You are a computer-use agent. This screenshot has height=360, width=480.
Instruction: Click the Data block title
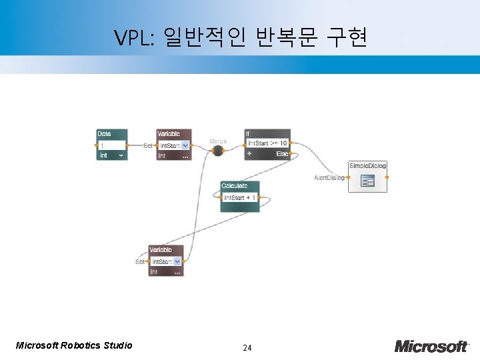coord(103,134)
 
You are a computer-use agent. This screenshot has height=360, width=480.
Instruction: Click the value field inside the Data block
coord(111,145)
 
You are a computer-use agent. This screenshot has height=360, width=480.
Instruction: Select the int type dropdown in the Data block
coord(111,155)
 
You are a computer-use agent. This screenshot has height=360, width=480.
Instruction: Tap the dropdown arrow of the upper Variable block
coord(185,145)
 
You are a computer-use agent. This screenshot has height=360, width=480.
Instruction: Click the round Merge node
coord(217,151)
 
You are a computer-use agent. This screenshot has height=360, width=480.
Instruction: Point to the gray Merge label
coord(218,141)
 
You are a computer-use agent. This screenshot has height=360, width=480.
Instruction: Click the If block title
coord(247,133)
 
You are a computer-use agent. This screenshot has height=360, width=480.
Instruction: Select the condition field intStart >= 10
coord(267,143)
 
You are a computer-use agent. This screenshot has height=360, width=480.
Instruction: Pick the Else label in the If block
coord(282,153)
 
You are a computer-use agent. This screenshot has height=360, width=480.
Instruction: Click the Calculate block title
coord(234,186)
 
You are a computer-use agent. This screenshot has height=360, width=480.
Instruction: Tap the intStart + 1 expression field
coord(239,197)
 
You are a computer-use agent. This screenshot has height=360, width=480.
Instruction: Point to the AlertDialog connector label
coord(329,178)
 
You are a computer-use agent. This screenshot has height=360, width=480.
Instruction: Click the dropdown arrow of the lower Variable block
coord(177,262)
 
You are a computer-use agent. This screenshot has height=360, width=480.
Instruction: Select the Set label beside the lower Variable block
coord(140,262)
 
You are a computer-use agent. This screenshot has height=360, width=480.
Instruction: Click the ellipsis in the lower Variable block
coord(177,272)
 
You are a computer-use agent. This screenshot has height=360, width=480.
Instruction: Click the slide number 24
coord(247,348)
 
